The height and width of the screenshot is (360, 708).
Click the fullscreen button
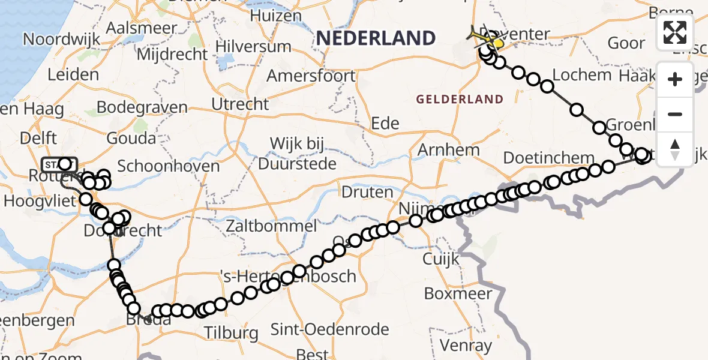675,32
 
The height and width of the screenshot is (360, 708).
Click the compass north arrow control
675,149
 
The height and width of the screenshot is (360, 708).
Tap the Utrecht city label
240,104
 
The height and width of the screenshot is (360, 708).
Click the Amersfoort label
311,76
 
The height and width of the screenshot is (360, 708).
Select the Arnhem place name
450,149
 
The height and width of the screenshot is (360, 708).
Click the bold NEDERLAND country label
376,38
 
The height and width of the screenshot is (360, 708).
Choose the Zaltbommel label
272,226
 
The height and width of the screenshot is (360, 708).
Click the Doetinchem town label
541,158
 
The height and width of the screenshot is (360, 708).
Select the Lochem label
581,75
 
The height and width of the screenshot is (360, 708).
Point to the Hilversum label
253,47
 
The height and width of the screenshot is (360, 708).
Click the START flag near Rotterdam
59,164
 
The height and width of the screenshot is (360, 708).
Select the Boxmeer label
458,294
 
